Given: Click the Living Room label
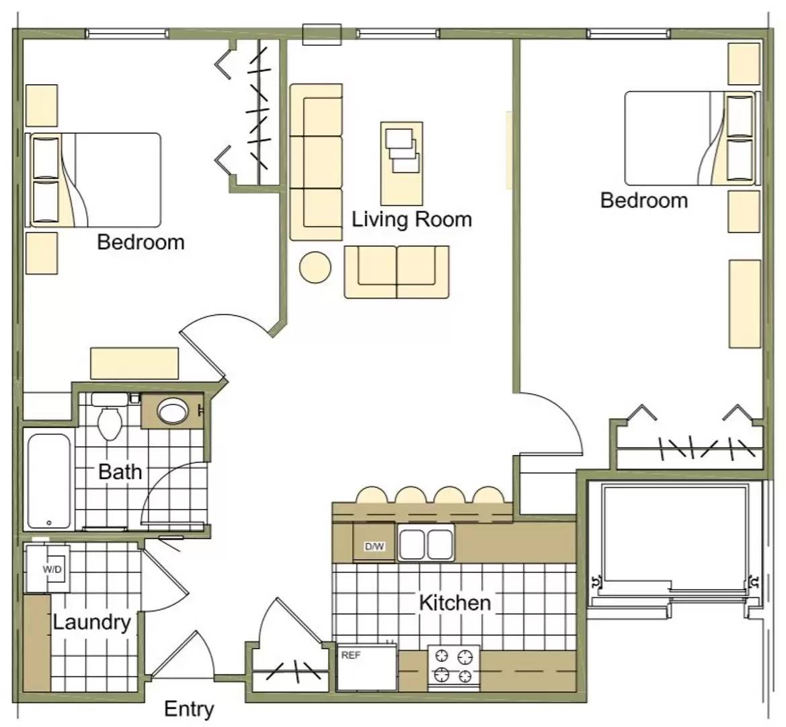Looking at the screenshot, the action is (x=411, y=219).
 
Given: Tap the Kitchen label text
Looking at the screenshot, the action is (x=455, y=602).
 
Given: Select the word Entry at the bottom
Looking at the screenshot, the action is (x=189, y=709).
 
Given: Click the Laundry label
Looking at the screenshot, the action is (x=91, y=623).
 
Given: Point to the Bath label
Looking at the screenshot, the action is (x=120, y=472).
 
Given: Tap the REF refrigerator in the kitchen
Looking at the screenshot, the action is (x=366, y=667).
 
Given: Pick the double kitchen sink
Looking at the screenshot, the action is (x=426, y=543).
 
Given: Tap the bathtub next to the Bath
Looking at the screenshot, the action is (x=48, y=481).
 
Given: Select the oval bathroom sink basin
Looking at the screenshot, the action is (x=173, y=411).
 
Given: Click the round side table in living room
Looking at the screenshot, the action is (x=315, y=267).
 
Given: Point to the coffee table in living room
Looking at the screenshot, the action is (x=401, y=164).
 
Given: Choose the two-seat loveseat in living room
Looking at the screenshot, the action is (x=397, y=272).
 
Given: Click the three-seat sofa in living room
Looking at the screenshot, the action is (x=316, y=162).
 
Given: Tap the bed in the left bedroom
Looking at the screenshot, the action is (x=93, y=180).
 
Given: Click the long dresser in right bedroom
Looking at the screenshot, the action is (x=745, y=304).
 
